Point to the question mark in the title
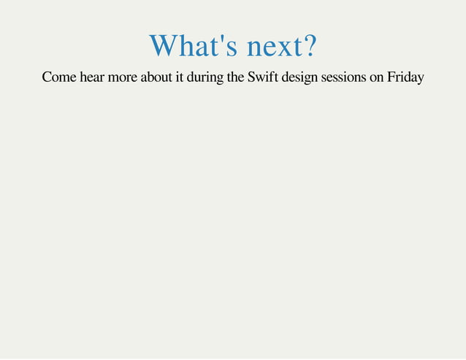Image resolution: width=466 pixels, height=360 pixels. coord(309,47)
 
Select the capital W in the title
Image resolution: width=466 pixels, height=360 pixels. coord(163,47)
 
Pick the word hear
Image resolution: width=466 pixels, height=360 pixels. coord(93,77)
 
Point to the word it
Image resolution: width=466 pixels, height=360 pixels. coord(180,77)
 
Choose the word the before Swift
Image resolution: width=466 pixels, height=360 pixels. coord(237,77)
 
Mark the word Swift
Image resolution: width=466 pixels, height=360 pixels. coord(263,77)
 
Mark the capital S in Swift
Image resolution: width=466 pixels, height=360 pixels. coord(251,77)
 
